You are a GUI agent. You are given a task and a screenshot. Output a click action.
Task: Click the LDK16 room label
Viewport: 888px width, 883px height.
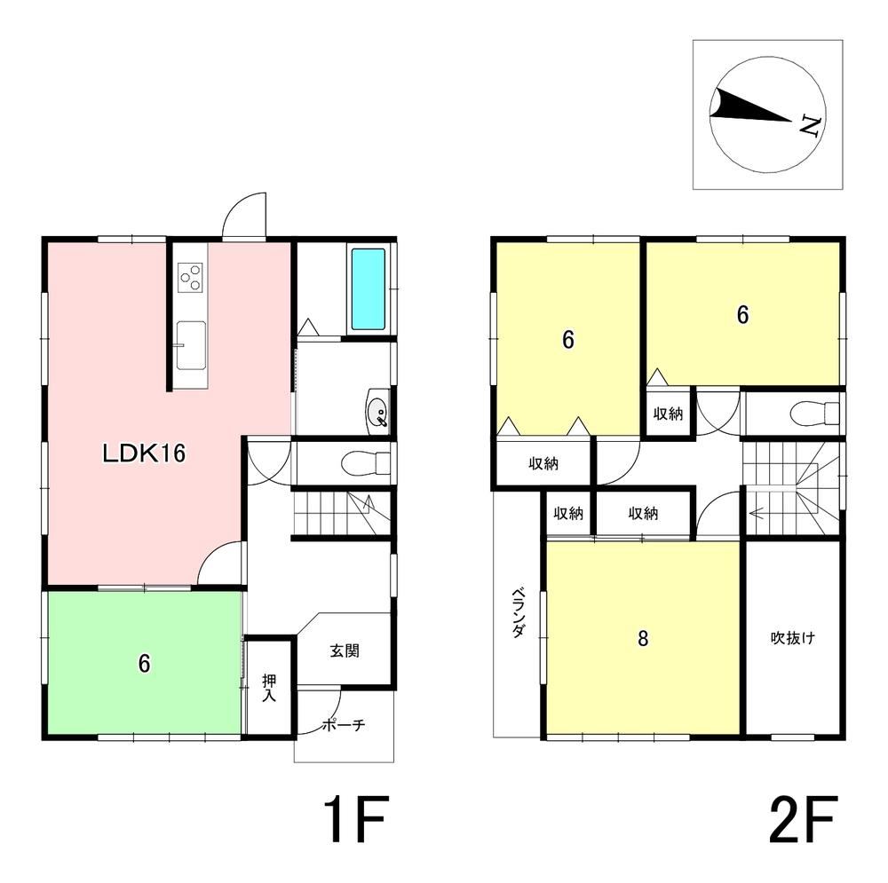point(144,453)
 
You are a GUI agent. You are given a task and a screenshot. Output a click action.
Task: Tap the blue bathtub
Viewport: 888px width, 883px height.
point(369,288)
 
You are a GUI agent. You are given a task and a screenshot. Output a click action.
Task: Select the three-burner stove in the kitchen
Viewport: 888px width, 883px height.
point(190,278)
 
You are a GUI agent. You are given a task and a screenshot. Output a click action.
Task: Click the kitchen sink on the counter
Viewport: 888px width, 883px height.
point(191,344)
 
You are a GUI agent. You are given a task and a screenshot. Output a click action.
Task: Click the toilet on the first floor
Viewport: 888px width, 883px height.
point(366,463)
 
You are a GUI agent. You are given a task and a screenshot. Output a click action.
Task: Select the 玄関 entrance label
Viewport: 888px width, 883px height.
point(345,650)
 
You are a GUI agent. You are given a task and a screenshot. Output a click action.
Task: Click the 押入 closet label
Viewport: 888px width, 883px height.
point(269,687)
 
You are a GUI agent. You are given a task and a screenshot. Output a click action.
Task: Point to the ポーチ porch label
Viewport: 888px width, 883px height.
point(344,725)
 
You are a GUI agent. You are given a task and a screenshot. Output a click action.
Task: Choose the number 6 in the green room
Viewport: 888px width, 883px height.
point(145,664)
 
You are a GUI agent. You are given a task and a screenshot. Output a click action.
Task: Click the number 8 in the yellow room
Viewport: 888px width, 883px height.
point(643,638)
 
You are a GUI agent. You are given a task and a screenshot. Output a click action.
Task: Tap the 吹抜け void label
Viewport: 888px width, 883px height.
point(793,638)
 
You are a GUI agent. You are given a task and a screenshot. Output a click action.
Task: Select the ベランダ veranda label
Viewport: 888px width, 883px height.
point(519,613)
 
